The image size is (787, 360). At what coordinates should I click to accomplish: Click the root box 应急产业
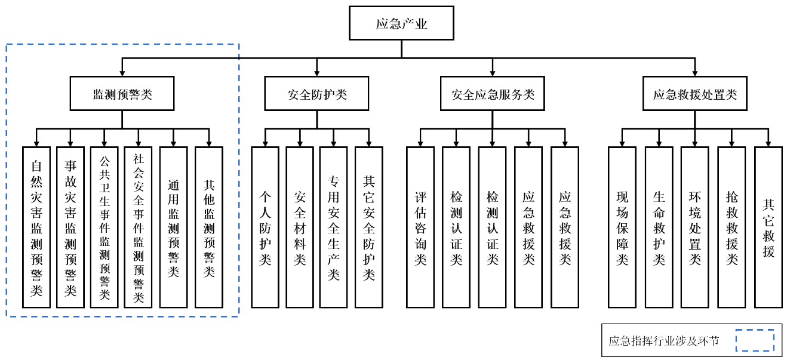(401, 23)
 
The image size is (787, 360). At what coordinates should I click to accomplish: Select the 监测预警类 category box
(122, 94)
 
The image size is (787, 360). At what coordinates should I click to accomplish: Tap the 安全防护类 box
(316, 94)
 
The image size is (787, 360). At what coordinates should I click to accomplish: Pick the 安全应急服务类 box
(492, 94)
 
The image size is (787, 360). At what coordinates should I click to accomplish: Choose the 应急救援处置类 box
(694, 94)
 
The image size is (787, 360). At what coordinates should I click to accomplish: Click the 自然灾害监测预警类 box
(36, 227)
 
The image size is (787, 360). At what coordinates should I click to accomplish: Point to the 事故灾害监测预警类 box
(70, 227)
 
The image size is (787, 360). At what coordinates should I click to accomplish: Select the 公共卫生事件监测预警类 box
(104, 227)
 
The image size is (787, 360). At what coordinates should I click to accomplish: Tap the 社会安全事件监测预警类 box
(139, 227)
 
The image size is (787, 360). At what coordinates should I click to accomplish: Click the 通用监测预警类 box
(173, 227)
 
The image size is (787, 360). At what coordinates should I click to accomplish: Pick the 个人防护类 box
(265, 227)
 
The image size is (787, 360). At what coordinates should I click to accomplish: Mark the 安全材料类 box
(299, 227)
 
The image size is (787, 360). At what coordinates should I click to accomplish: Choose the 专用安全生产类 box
(333, 227)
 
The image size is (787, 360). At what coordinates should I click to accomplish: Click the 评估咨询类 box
(420, 227)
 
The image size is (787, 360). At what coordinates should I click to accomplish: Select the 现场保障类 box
(622, 227)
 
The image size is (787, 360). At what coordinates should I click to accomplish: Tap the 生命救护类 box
(659, 227)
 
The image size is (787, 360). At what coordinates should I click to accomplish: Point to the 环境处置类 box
(694, 227)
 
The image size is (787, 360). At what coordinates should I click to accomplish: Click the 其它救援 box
(768, 227)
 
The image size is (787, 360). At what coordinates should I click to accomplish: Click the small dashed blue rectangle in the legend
(754, 341)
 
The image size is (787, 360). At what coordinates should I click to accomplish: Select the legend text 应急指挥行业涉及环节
(664, 341)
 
